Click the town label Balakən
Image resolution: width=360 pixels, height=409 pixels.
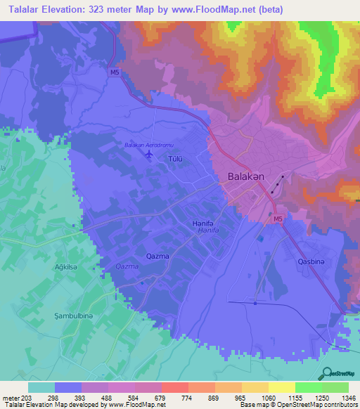tap(245, 177)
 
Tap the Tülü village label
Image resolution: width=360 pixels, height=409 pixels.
tap(175, 160)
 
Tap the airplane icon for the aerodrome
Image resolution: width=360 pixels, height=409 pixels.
tap(148, 153)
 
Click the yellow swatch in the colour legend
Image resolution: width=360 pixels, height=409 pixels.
tap(255, 387)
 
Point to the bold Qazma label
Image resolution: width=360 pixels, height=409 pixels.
tap(157, 256)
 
